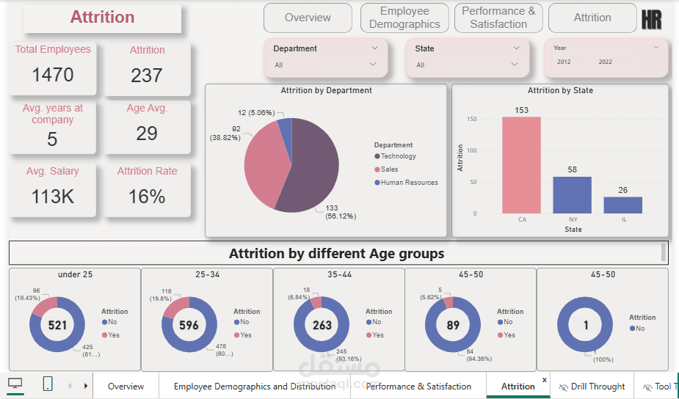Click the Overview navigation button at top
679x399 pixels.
click(x=308, y=18)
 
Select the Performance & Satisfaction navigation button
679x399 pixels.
click(x=498, y=18)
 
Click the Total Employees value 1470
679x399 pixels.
click(x=53, y=75)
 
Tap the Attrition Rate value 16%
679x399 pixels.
click(x=147, y=197)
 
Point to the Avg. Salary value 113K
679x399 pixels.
click(x=53, y=197)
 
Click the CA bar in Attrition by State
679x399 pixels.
click(x=521, y=165)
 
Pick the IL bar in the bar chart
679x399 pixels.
click(x=623, y=205)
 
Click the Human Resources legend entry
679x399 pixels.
click(x=408, y=183)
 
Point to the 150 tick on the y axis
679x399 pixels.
click(x=472, y=119)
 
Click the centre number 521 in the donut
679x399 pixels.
click(x=57, y=325)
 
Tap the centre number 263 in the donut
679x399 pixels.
click(x=321, y=325)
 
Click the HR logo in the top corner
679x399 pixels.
click(x=651, y=20)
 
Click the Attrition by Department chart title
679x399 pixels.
click(x=326, y=91)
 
